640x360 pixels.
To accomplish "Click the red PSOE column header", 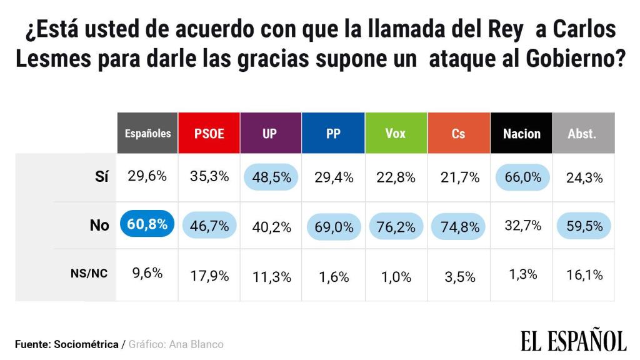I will [209, 133].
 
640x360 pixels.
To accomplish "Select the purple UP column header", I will [269, 133].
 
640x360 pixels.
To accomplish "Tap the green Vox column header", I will [395, 133].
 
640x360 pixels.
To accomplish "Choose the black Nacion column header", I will [521, 133].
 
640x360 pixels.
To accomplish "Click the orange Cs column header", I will [458, 133].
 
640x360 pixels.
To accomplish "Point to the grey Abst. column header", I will [582, 133].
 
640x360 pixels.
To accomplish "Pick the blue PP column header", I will [332, 133].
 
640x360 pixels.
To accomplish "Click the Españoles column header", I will [147, 133].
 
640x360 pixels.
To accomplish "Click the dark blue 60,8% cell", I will [147, 224].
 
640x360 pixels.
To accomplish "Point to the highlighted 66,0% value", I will [522, 177].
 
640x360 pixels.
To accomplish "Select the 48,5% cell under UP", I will [271, 177].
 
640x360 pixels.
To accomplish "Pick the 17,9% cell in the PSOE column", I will [209, 276].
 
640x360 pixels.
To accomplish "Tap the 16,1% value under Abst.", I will [585, 274].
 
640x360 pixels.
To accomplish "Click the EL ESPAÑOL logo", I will [573, 341].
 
